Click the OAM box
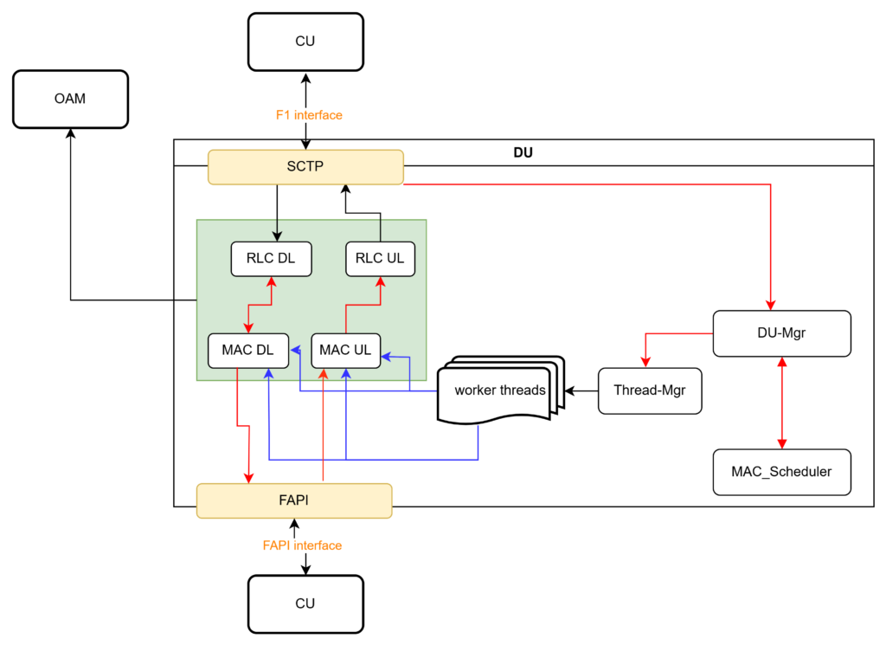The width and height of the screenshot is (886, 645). click(x=71, y=99)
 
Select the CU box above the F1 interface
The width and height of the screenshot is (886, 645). click(x=305, y=41)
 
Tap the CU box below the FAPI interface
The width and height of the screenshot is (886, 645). click(x=305, y=603)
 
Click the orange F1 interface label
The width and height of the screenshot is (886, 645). click(x=309, y=115)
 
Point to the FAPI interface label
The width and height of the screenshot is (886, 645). click(x=302, y=545)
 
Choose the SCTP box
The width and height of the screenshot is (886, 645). click(x=305, y=166)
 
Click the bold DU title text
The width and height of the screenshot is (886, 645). click(x=523, y=153)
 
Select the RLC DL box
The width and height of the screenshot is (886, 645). click(x=271, y=258)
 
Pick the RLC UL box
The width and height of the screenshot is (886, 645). click(x=380, y=258)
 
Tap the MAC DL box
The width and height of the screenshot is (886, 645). click(x=247, y=350)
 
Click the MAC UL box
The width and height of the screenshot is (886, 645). click(x=345, y=350)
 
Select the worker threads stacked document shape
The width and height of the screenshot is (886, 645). click(x=500, y=390)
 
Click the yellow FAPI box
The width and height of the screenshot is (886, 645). click(x=294, y=500)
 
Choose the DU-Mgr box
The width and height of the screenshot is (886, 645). click(x=781, y=332)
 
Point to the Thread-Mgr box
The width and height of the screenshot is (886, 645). click(x=649, y=390)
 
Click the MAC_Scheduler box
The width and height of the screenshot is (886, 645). click(x=781, y=472)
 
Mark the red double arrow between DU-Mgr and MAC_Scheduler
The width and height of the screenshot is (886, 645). click(x=781, y=403)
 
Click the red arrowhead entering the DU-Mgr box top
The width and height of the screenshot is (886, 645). click(x=770, y=305)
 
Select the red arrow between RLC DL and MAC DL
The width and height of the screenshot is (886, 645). click(x=260, y=304)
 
